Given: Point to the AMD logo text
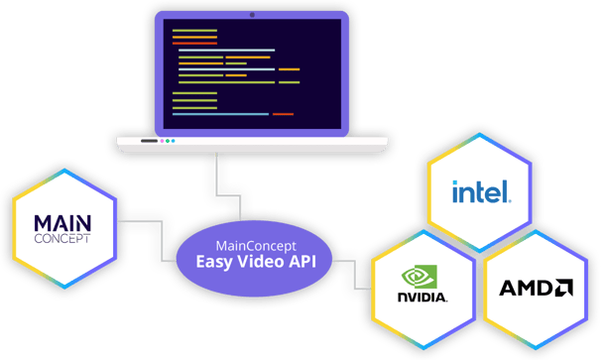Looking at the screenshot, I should pos(526,289).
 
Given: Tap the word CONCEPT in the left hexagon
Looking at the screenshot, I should pos(61,239).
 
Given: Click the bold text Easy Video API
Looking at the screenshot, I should pos(257,262).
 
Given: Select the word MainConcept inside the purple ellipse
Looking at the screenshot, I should pos(257,245).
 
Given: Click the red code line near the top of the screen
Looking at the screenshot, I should pos(194,43).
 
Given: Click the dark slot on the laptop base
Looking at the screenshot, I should pos(149,141).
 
